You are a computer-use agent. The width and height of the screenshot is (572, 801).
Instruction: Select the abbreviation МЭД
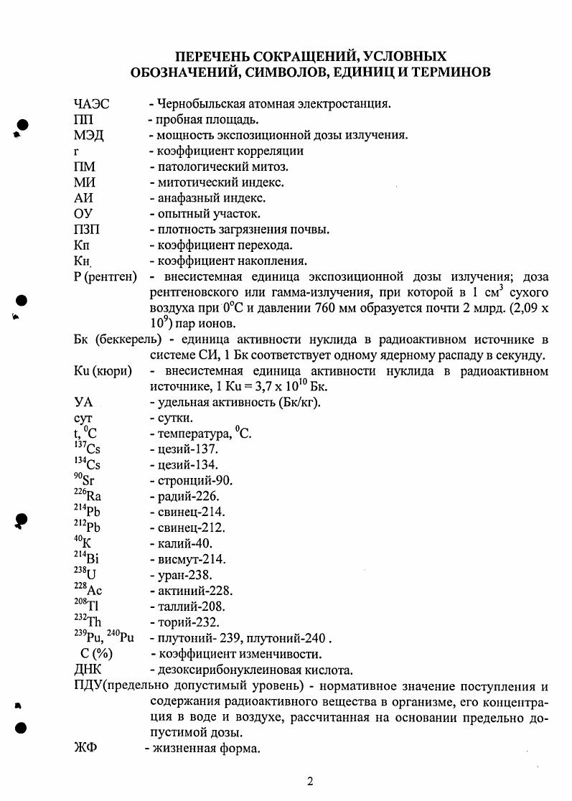[x=89, y=136]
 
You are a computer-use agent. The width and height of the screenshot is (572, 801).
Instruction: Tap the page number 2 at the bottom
[x=310, y=781]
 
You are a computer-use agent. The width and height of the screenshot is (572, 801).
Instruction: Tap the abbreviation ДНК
[x=88, y=670]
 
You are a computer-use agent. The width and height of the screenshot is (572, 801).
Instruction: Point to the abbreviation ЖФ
[x=85, y=749]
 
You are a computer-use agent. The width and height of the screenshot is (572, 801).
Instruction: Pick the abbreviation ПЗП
[x=89, y=230]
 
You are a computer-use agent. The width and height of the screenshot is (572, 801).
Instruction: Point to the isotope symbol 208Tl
[x=85, y=606]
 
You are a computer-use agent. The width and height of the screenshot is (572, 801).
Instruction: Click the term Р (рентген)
[x=105, y=277]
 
